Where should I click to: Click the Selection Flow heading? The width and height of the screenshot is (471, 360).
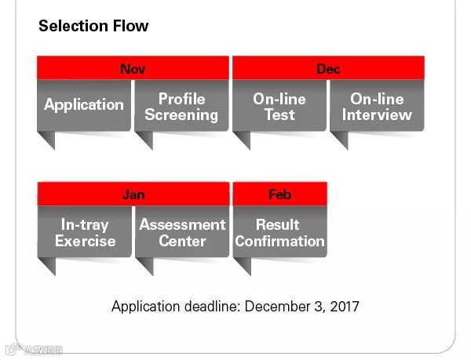[93, 26]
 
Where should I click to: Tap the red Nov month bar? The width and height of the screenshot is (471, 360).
[133, 69]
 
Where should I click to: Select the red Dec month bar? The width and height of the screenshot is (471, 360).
[328, 69]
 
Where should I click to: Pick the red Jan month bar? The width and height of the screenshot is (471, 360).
[133, 194]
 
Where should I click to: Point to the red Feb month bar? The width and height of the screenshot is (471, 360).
[279, 194]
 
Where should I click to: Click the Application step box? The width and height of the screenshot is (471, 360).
[84, 105]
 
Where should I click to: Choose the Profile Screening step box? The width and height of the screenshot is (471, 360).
[181, 107]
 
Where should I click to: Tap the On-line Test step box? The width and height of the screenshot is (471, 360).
[279, 107]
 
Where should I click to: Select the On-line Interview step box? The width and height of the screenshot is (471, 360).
[377, 107]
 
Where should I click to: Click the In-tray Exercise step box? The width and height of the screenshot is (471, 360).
[84, 233]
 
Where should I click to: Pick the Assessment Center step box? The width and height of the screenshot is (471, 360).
[181, 233]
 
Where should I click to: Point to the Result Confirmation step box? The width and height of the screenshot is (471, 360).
[279, 233]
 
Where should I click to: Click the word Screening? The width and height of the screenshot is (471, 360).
[181, 115]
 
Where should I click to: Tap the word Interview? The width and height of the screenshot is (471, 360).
[377, 115]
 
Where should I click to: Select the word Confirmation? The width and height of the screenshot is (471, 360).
[279, 241]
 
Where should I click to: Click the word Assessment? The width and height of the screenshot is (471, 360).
[182, 225]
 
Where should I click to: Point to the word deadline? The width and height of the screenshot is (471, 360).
[210, 306]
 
